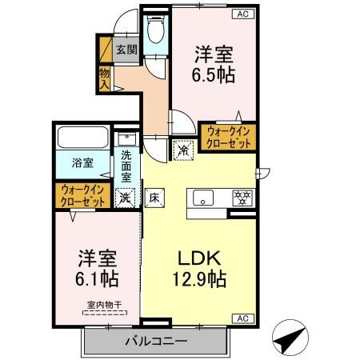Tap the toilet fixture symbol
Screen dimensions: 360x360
point(155,33)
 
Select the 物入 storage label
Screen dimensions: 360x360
point(104,78)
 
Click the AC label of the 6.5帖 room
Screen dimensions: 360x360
point(241,14)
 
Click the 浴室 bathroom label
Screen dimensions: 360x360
point(83,162)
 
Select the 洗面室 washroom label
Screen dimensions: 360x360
point(126,166)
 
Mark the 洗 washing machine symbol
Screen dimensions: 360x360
point(125,197)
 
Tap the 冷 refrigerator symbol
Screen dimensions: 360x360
point(183,149)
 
